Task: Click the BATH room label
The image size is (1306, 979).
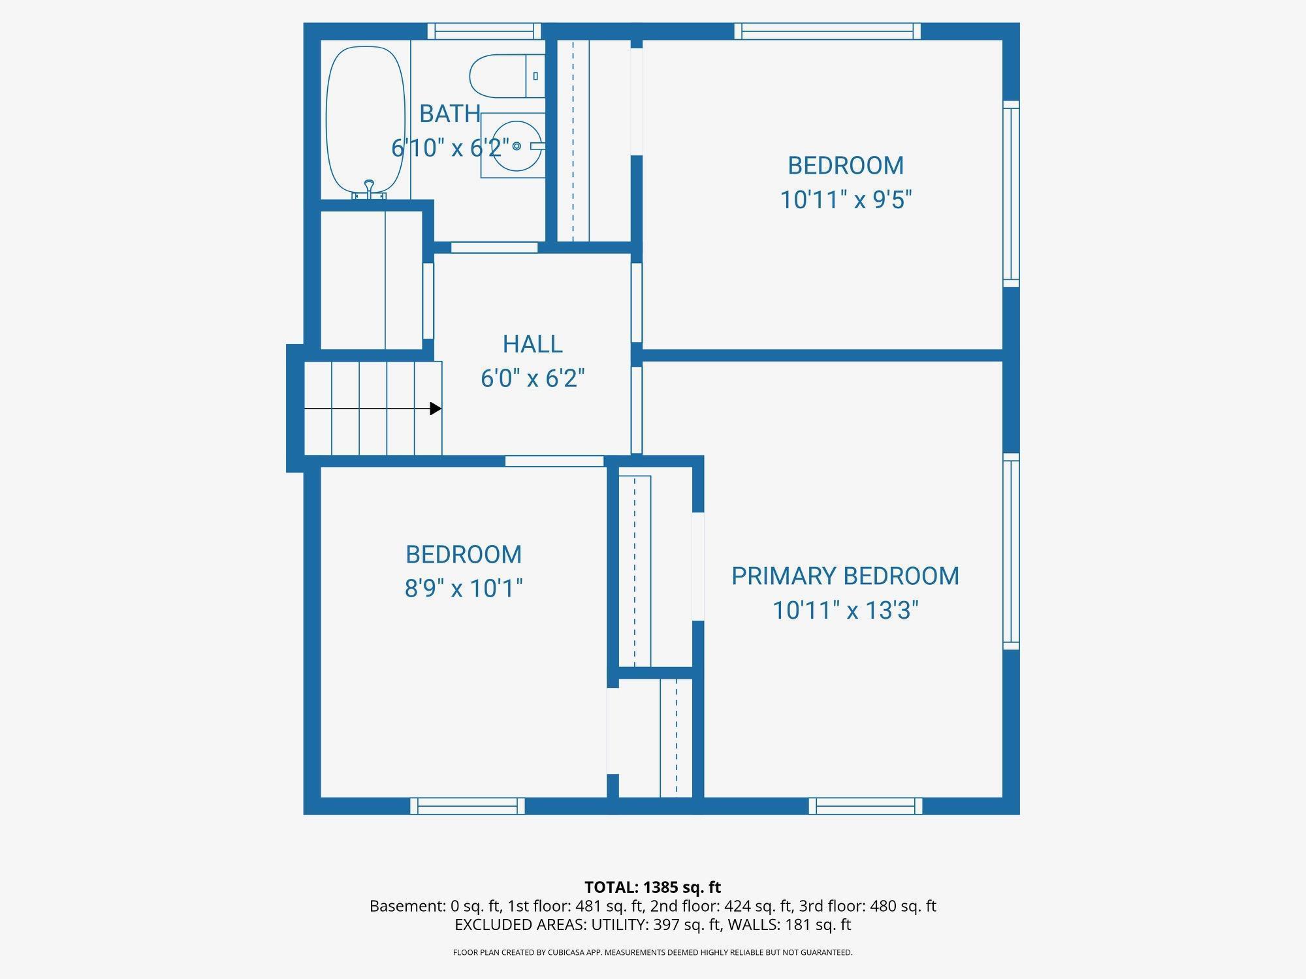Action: click(x=450, y=114)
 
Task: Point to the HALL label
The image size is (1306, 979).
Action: click(x=532, y=344)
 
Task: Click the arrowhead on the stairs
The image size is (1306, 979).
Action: click(x=436, y=409)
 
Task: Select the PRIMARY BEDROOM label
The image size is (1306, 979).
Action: click(x=845, y=576)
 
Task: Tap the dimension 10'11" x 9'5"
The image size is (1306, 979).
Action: click(x=846, y=199)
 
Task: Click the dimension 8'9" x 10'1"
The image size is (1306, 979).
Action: click(x=464, y=588)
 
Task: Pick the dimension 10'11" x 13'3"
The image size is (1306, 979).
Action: click(x=846, y=610)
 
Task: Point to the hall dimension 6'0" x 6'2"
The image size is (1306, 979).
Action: click(x=532, y=378)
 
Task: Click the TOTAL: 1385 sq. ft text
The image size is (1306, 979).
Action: click(x=652, y=887)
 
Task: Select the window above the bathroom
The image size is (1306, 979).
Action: click(x=484, y=31)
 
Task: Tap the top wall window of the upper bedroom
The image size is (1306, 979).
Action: click(x=827, y=31)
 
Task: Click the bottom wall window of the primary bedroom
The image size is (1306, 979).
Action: click(x=865, y=806)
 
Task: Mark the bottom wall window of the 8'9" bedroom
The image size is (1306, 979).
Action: click(x=467, y=806)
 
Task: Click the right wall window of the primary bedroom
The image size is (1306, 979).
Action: click(x=1011, y=552)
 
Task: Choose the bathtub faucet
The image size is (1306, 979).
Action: click(x=370, y=190)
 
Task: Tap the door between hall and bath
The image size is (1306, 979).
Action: click(x=494, y=247)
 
